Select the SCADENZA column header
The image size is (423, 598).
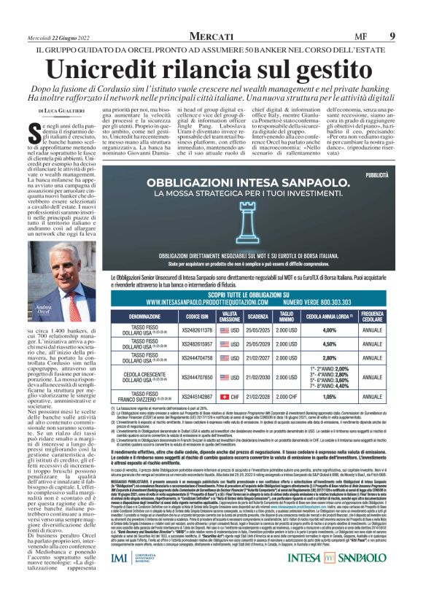(x=257, y=316)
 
